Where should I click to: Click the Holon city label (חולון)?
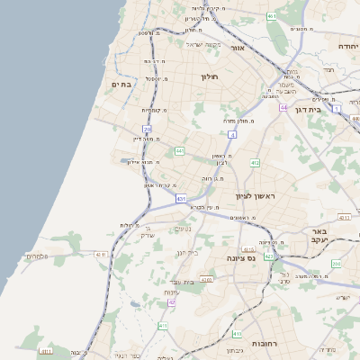pos(210,77)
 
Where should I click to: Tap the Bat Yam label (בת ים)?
pos(121,84)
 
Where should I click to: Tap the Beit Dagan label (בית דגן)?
pos(309,109)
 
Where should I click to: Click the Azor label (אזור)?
pos(238,48)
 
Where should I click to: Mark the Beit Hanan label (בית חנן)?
pos(187,253)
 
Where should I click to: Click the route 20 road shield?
pos(148,130)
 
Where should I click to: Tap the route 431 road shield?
pos(181,198)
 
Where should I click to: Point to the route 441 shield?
pos(180,150)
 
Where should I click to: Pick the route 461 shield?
pos(272,16)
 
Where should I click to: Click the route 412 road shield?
pos(255,163)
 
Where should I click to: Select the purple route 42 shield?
pos(171,302)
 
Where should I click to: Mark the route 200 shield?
pos(336,264)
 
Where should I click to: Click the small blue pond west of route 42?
pos(135,304)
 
